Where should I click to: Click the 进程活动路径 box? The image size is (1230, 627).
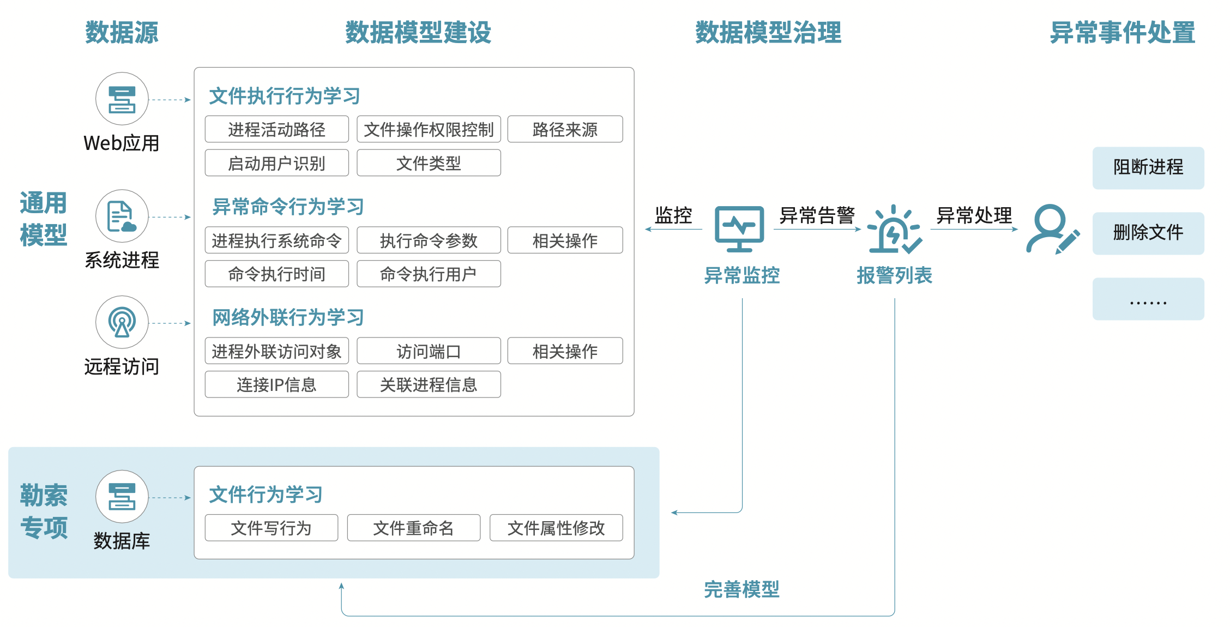pyautogui.click(x=276, y=129)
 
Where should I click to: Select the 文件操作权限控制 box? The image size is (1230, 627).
pyautogui.click(x=429, y=129)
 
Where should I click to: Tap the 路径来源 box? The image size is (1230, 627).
pyautogui.click(x=565, y=129)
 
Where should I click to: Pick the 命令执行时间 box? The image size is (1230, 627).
pyautogui.click(x=276, y=274)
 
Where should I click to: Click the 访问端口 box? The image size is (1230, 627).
pyautogui.click(x=429, y=351)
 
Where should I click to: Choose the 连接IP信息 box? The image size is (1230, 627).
pyautogui.click(x=276, y=384)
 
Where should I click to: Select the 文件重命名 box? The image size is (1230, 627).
pyautogui.click(x=414, y=528)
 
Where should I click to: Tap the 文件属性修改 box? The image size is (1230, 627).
pyautogui.click(x=556, y=528)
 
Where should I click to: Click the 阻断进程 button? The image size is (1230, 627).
pyautogui.click(x=1148, y=168)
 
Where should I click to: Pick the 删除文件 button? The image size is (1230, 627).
pyautogui.click(x=1148, y=233)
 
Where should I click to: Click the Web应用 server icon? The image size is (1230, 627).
pyautogui.click(x=122, y=99)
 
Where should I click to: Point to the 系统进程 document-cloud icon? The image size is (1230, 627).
pyautogui.click(x=122, y=216)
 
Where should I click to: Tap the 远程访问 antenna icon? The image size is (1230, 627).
pyautogui.click(x=122, y=322)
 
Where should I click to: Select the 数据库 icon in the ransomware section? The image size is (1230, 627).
pyautogui.click(x=122, y=497)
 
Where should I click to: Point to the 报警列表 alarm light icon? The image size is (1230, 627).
pyautogui.click(x=894, y=229)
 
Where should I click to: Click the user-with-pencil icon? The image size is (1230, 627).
pyautogui.click(x=1053, y=229)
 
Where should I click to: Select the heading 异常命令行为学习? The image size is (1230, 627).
pyautogui.click(x=288, y=207)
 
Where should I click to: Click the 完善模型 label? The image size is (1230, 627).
pyautogui.click(x=741, y=589)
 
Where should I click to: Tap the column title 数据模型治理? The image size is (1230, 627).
pyautogui.click(x=768, y=32)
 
